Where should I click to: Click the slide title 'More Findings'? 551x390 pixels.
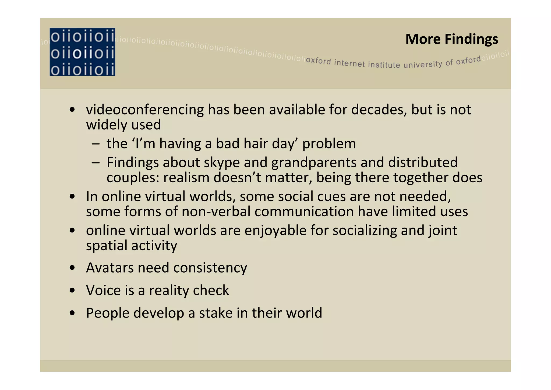451,39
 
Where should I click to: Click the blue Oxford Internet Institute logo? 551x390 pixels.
82,52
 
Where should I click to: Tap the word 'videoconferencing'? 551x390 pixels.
145,110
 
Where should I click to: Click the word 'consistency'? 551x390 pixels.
210,268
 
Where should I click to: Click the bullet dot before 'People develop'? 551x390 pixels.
72,313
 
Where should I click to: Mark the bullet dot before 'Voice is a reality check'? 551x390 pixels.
72,291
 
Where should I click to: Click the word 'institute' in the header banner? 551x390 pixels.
384,65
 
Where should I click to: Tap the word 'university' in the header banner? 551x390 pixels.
423,64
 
